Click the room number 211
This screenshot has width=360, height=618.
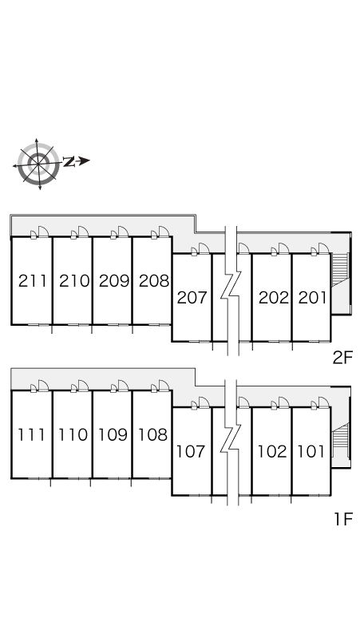pos(33,281)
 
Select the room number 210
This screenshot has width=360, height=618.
pos(74,281)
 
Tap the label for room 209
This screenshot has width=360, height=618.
pos(114,281)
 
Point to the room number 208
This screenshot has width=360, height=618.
pos(154,281)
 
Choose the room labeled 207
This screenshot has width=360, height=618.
pos(192,298)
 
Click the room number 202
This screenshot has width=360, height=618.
pos(273,298)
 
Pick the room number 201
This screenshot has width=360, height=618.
pos(312,298)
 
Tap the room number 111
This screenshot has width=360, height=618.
pos(32,434)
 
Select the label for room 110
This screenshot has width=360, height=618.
pos(73,434)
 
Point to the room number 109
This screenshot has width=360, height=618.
pos(113,434)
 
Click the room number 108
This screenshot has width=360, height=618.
pos(152,434)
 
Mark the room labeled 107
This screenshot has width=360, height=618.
pos(191,451)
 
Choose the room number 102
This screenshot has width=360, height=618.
pos(272,451)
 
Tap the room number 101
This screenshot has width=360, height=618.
pos(311,451)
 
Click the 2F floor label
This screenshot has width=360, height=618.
pos(342,358)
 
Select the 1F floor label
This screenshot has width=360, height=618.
pos(343,519)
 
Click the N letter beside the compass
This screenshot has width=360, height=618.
pos(69,161)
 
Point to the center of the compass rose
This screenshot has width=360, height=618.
pos(38,163)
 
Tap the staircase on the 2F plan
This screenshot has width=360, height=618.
pos(340,270)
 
